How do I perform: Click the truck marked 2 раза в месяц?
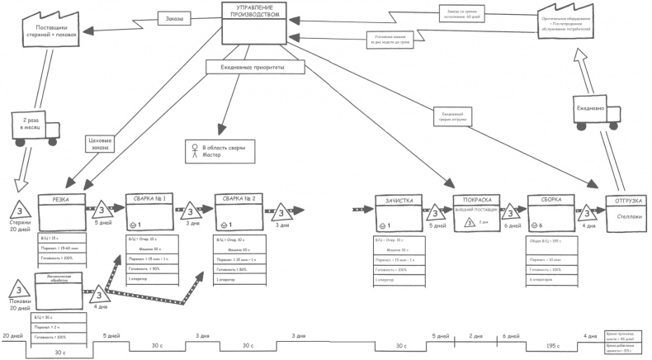(33, 126)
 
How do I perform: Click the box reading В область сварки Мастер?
(218, 150)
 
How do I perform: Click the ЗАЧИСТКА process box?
(399, 213)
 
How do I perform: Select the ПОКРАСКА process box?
(478, 212)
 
